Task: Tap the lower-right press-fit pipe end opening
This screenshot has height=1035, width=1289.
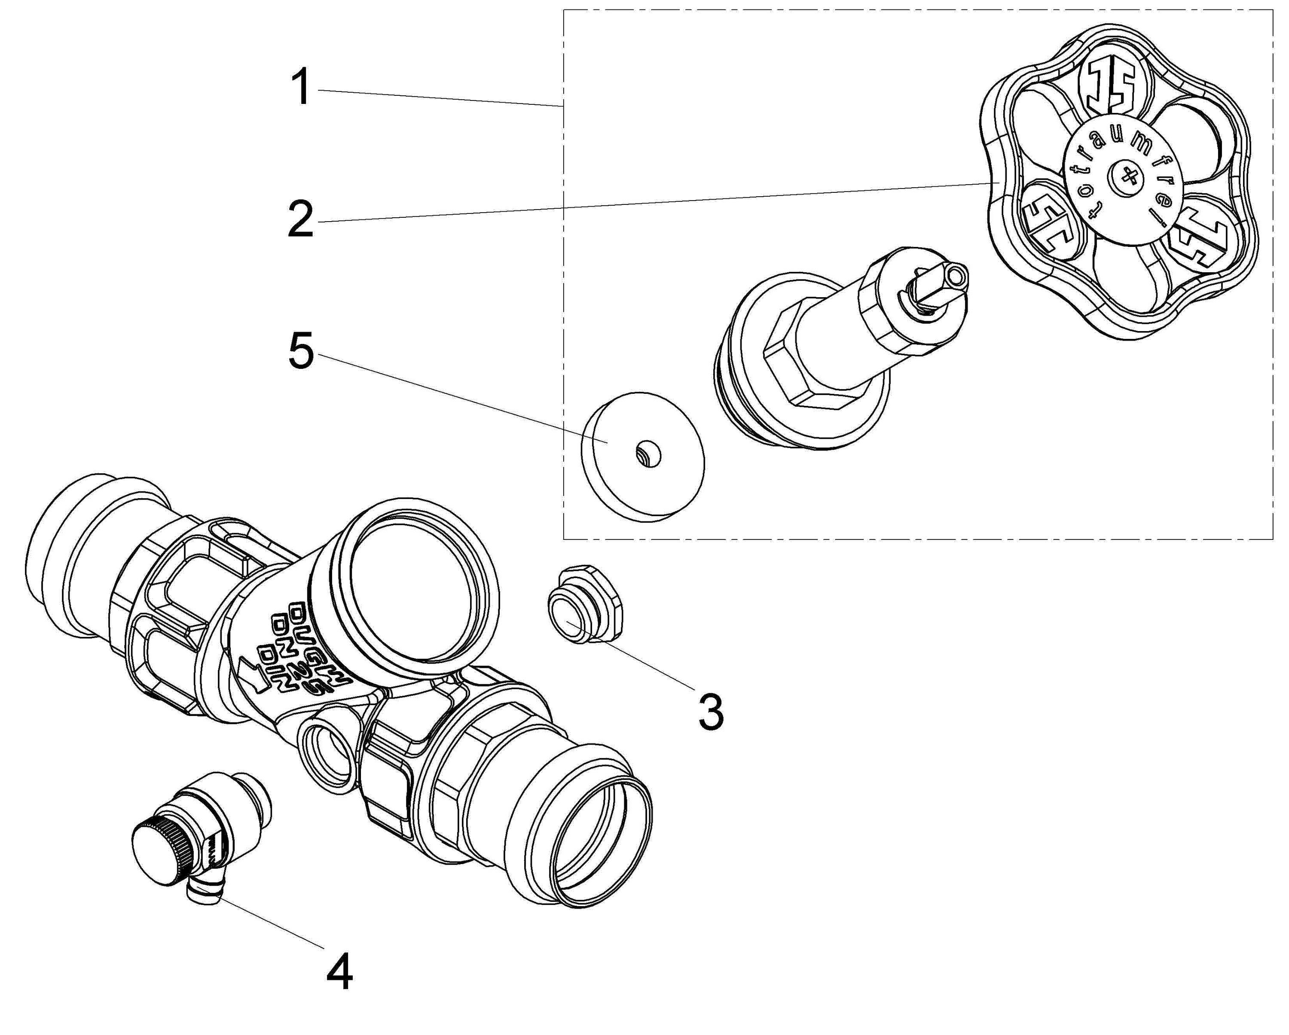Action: tap(604, 840)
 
